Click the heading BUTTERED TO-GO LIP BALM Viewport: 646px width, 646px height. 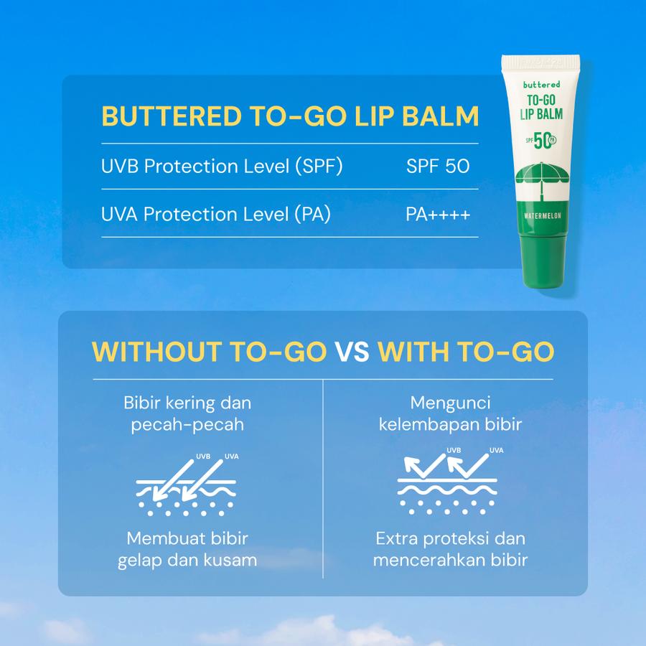[290, 116]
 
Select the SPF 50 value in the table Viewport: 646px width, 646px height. [438, 166]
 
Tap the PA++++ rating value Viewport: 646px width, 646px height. [438, 214]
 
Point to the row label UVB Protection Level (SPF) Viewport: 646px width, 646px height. [222, 167]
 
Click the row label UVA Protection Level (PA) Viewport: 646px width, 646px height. [216, 214]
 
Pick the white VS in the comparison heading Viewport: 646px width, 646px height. [352, 352]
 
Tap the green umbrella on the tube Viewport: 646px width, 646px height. [542, 177]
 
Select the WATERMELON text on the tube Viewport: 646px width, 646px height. [543, 216]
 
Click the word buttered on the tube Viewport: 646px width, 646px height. [541, 85]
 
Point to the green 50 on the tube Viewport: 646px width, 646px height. [542, 141]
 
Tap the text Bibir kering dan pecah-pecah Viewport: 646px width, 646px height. [187, 413]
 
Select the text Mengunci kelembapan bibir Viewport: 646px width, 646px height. [450, 413]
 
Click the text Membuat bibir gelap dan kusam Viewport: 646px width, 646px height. [187, 549]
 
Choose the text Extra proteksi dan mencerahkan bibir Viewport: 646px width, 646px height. [450, 549]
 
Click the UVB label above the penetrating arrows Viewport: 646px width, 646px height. [203, 457]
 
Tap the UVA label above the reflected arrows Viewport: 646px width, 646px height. [497, 450]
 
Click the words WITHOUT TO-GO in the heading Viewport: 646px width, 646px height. [210, 352]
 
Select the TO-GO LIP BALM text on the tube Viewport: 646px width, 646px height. [541, 107]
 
